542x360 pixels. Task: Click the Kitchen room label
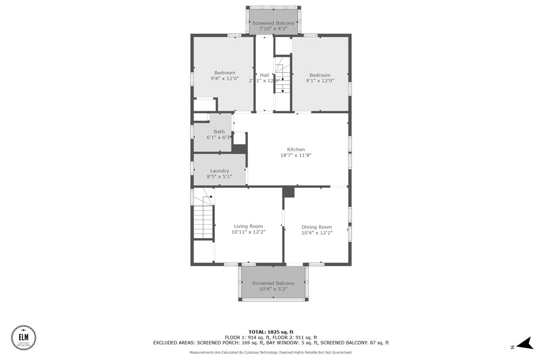[x=296, y=150]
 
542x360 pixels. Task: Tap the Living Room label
[x=249, y=226]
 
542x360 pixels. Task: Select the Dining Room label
[x=316, y=227]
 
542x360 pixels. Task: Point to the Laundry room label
[x=219, y=171]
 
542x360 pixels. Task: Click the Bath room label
[x=219, y=132]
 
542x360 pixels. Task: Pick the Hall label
[x=265, y=75]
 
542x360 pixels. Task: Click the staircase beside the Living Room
[x=203, y=219]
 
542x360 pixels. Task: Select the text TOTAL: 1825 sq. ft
[x=270, y=332]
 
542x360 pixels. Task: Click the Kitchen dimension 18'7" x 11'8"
[x=296, y=155]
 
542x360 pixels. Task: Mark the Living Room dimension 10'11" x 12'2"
[x=249, y=232]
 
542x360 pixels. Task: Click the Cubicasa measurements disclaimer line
[x=270, y=353]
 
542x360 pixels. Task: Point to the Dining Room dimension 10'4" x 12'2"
[x=316, y=233]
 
